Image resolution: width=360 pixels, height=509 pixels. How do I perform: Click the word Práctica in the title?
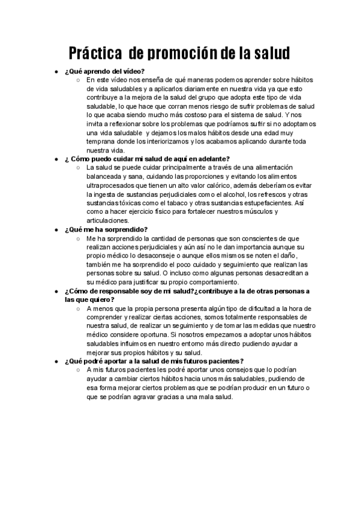click(95, 53)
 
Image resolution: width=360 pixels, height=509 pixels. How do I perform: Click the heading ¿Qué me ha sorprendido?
click(105, 229)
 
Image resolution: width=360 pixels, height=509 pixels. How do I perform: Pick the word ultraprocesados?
click(112, 185)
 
